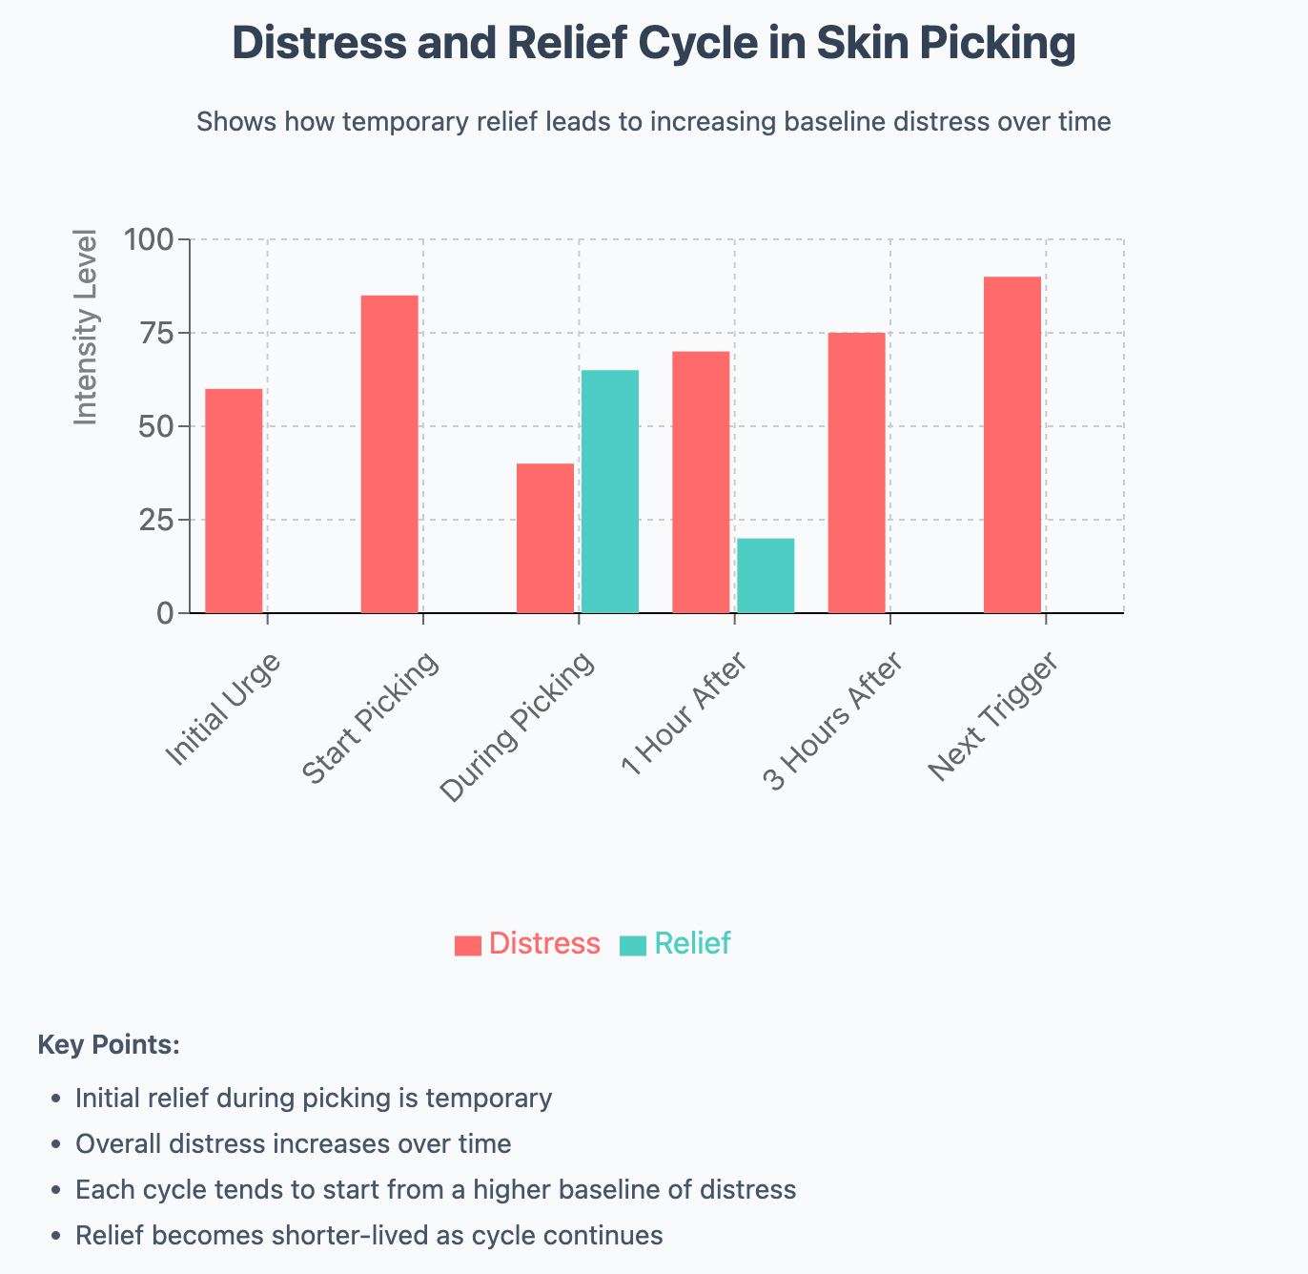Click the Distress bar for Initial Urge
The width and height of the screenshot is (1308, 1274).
(234, 501)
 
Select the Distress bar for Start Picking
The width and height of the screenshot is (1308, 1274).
(389, 454)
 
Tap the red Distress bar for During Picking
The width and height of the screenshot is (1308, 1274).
(545, 538)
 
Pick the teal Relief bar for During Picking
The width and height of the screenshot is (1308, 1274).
(610, 491)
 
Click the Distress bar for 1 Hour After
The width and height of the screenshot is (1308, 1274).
(701, 482)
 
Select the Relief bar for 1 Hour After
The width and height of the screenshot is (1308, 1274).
(766, 575)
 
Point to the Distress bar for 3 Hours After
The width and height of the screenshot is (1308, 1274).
(856, 473)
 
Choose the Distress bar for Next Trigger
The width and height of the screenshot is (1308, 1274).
(1012, 444)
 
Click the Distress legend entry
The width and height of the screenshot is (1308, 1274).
(528, 944)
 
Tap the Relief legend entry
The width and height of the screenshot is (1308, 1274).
(676, 944)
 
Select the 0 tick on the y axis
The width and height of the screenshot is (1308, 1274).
(166, 613)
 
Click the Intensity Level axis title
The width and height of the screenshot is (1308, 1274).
(87, 327)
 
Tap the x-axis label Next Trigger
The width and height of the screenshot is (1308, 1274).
(993, 716)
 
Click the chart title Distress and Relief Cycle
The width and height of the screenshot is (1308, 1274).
(654, 43)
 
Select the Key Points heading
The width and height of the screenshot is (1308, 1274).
(109, 1045)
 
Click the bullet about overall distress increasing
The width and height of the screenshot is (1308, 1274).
(293, 1144)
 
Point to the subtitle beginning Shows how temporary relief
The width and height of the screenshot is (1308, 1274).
(653, 122)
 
